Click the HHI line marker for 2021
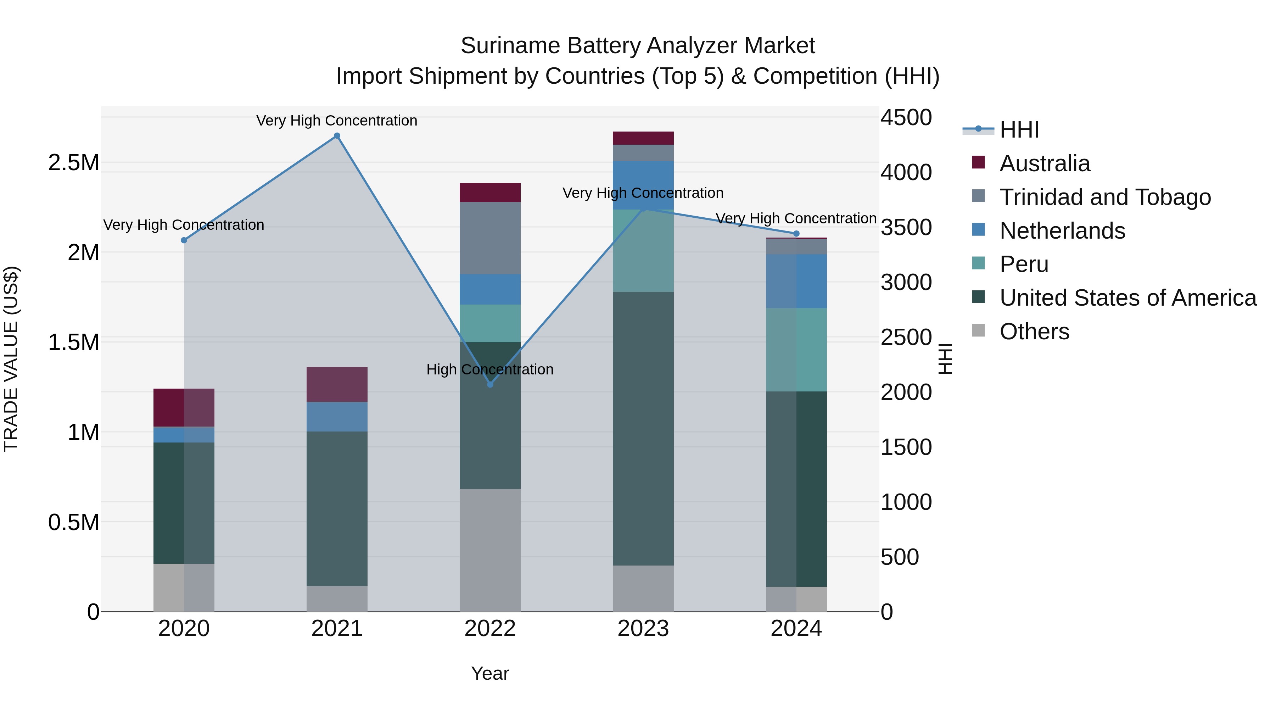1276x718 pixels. [x=337, y=136]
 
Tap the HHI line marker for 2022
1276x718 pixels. [x=490, y=384]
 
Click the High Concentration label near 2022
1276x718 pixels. [x=489, y=370]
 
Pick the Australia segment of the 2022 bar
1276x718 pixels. [x=490, y=192]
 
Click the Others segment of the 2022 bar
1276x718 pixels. [x=490, y=550]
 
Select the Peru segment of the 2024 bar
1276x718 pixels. [x=796, y=350]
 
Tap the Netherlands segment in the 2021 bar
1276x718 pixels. [x=337, y=416]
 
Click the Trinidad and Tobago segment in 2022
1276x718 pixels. [x=490, y=238]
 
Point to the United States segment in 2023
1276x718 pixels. [x=643, y=429]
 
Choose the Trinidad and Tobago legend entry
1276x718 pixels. [x=1104, y=197]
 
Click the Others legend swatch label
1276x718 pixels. [x=1034, y=332]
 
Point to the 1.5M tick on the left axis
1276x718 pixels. [x=73, y=343]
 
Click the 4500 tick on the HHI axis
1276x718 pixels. [x=906, y=118]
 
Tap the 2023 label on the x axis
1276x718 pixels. [x=643, y=629]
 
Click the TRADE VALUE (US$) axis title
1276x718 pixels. [x=11, y=359]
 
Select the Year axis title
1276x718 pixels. [x=490, y=673]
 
